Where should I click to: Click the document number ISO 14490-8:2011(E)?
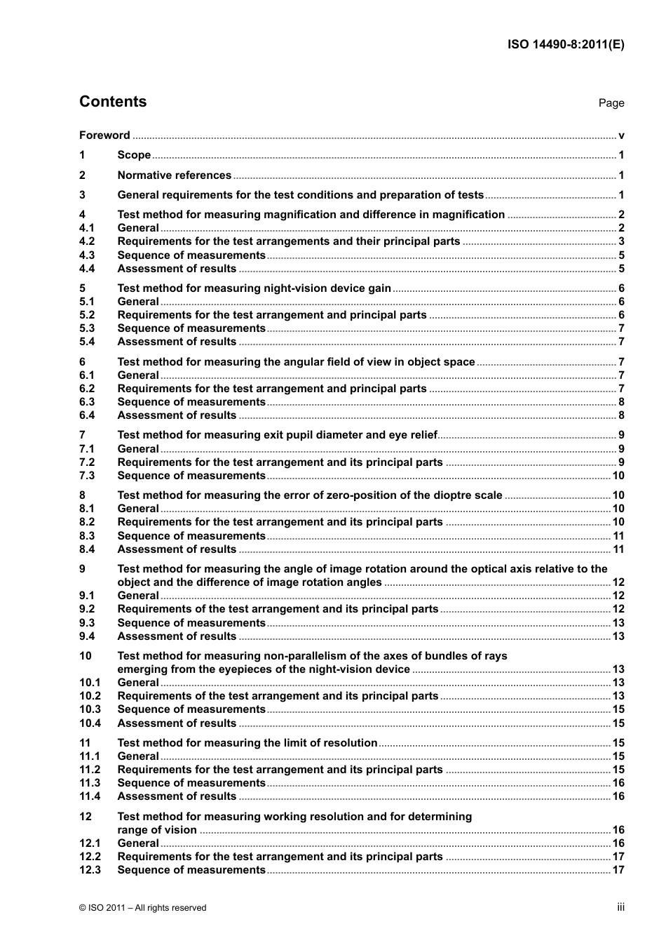566,44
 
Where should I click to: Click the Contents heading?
113,102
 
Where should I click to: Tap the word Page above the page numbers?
611,103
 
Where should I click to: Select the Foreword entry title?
104,135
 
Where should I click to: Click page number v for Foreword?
621,135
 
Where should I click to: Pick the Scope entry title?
134,155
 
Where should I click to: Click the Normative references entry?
174,175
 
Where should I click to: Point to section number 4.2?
87,241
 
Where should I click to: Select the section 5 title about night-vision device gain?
254,288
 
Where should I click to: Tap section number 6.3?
87,402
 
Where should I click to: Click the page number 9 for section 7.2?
621,462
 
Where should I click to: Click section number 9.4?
87,636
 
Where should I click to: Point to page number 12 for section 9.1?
618,596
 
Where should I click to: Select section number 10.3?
90,709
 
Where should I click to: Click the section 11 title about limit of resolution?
247,743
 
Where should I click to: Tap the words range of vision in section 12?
157,830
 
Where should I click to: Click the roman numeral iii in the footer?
620,907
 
